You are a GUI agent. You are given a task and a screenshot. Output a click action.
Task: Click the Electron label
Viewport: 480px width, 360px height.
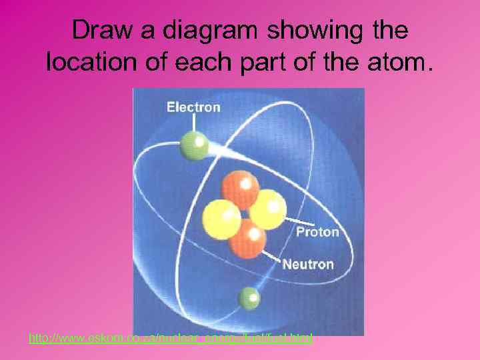[193, 107]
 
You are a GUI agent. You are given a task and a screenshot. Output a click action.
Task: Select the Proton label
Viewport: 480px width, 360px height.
[317, 232]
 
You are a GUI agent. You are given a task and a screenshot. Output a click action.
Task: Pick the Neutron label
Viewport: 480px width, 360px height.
[307, 264]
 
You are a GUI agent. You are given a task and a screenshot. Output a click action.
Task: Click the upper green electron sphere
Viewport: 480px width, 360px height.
[195, 145]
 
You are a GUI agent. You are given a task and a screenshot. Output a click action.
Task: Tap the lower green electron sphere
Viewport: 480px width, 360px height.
[249, 297]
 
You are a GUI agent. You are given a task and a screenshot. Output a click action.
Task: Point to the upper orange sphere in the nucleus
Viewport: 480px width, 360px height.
[240, 188]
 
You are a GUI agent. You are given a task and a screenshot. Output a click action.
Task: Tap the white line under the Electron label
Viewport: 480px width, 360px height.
[194, 123]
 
